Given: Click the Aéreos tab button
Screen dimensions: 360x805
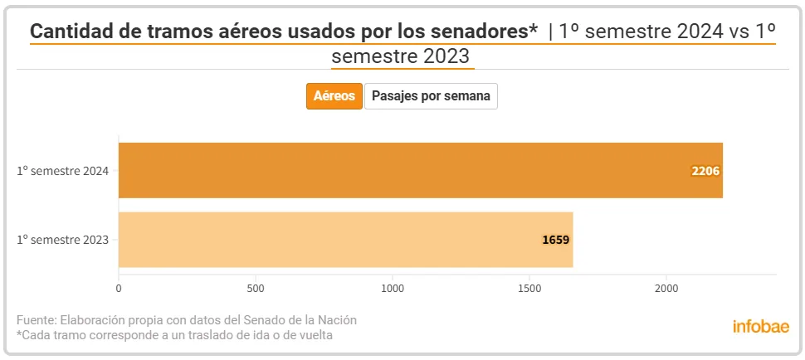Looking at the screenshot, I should point(334,96).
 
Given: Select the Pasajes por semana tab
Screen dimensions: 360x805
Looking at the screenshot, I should point(431,96).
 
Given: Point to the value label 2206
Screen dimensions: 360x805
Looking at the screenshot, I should point(705,171).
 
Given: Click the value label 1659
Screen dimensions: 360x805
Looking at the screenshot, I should point(555,241).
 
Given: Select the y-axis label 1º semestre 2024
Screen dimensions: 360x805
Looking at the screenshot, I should point(62,171).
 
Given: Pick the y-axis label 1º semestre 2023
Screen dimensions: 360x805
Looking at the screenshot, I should point(62,241).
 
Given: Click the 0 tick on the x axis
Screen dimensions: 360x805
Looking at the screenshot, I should point(119,289).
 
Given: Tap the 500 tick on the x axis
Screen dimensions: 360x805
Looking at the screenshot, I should point(256,289).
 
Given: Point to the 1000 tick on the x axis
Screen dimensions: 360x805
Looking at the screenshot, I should point(393,289).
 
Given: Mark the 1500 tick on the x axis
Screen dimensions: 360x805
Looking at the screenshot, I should point(529,289).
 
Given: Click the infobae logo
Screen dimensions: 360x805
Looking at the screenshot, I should point(761,326).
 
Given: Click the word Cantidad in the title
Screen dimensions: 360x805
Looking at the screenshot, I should point(68,31).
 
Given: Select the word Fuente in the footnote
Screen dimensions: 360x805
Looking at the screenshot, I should point(36,320).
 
